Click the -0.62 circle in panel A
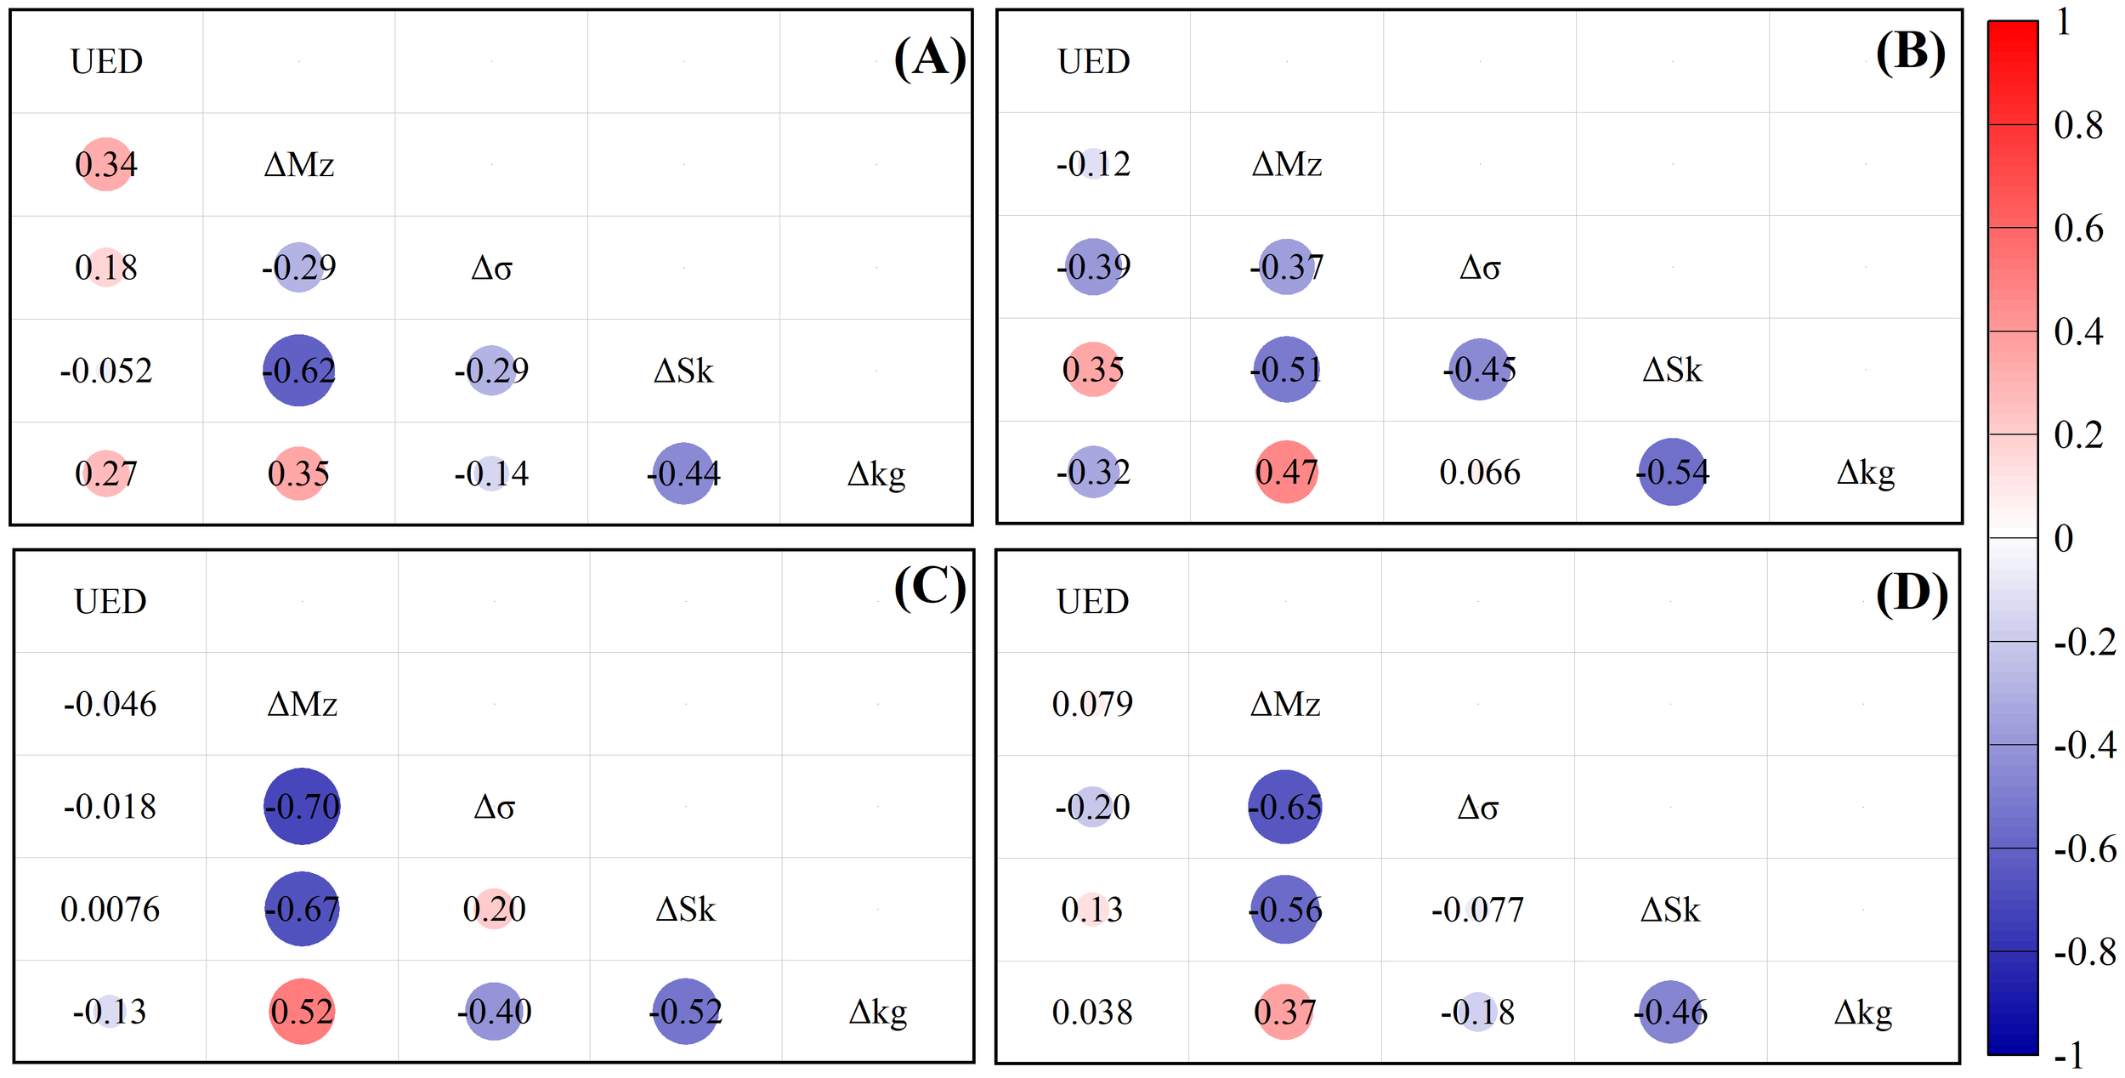pyautogui.click(x=298, y=371)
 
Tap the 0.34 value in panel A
pyautogui.click(x=105, y=164)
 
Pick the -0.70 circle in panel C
pyautogui.click(x=302, y=806)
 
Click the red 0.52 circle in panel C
pyautogui.click(x=302, y=1011)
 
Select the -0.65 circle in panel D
pyautogui.click(x=1284, y=807)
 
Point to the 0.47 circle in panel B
pyautogui.click(x=1286, y=472)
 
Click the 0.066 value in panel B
pyautogui.click(x=1479, y=473)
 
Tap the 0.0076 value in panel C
pyautogui.click(x=110, y=910)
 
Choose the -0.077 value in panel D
pyautogui.click(x=1477, y=910)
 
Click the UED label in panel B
pyautogui.click(x=1093, y=62)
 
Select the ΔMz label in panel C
pyautogui.click(x=302, y=704)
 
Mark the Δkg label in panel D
pyautogui.click(x=1862, y=1013)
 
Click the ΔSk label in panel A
pyautogui.click(x=683, y=371)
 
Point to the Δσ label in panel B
pyautogui.click(x=1479, y=268)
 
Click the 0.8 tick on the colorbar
pyautogui.click(x=2077, y=125)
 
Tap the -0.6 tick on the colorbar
pyautogui.click(x=2084, y=848)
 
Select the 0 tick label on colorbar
pyautogui.click(x=2063, y=538)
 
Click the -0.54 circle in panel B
pyautogui.click(x=1672, y=472)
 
